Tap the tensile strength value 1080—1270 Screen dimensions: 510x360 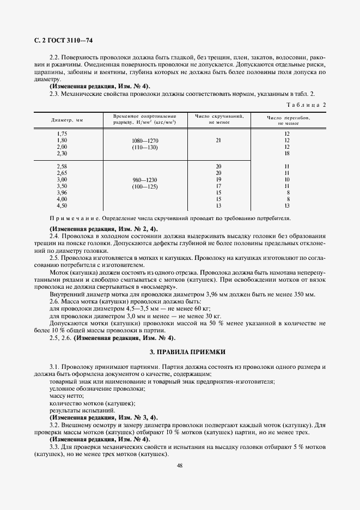[145, 141]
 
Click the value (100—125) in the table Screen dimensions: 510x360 [145, 187]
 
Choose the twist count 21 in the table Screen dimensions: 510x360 [218, 141]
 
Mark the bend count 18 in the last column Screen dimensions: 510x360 [286, 154]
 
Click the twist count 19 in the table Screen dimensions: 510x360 [218, 179]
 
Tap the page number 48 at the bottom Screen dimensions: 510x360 [179, 465]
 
